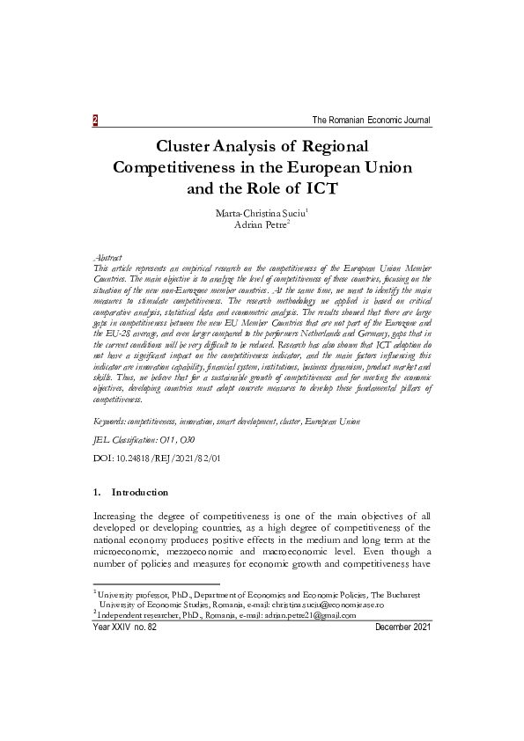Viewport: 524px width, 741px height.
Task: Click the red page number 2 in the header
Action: coord(95,120)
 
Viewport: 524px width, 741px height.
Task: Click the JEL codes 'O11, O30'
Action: coord(168,439)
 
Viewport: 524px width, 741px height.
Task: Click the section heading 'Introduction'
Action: coord(139,493)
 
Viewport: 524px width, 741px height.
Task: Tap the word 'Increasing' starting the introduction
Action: coord(121,516)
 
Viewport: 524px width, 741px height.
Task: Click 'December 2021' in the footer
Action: coord(402,627)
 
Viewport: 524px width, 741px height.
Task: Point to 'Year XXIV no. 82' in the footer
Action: coord(124,627)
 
